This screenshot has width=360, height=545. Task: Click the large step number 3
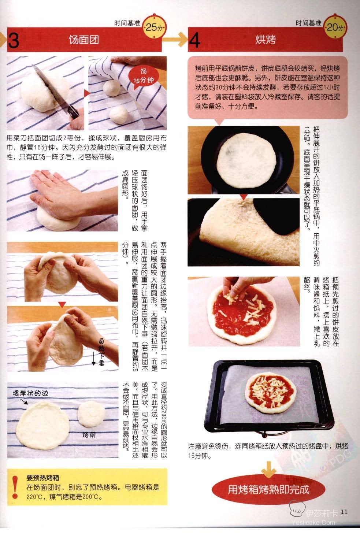pyautogui.click(x=14, y=40)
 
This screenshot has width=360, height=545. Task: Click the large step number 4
pyautogui.click(x=194, y=40)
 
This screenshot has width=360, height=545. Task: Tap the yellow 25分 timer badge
pyautogui.click(x=154, y=27)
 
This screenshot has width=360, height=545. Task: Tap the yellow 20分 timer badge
pyautogui.click(x=335, y=27)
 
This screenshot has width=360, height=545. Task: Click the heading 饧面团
pyautogui.click(x=84, y=40)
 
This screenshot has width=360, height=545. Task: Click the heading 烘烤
pyautogui.click(x=266, y=40)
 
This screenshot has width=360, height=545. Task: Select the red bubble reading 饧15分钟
pyautogui.click(x=144, y=76)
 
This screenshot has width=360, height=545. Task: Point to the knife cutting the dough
pyautogui.click(x=56, y=92)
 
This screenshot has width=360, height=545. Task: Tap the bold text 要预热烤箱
pyautogui.click(x=43, y=478)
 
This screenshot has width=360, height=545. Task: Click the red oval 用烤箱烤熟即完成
pyautogui.click(x=268, y=490)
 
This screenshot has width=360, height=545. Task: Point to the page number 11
pyautogui.click(x=344, y=512)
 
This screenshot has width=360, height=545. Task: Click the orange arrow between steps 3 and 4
pyautogui.click(x=175, y=39)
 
